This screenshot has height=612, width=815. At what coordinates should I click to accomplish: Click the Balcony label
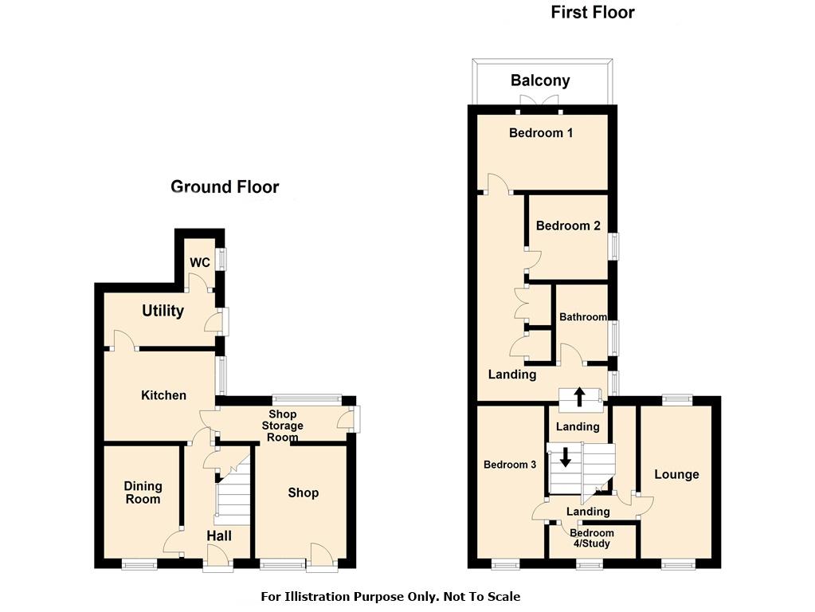click(x=540, y=80)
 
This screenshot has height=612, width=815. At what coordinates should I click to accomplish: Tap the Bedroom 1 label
click(x=541, y=133)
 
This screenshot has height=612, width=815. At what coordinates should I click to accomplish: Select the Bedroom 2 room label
click(x=568, y=226)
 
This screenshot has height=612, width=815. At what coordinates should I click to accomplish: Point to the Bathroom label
click(x=582, y=316)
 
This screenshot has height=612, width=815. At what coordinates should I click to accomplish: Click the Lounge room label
click(x=676, y=474)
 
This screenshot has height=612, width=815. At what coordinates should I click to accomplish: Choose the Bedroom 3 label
click(x=509, y=465)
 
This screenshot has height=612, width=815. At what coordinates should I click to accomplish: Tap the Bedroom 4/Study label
click(x=591, y=538)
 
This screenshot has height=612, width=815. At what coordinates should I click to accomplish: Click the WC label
click(x=200, y=262)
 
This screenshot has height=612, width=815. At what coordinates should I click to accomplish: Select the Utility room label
click(x=163, y=311)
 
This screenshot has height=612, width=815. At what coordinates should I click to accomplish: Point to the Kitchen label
click(x=163, y=395)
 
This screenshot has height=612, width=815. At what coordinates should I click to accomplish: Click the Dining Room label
click(x=143, y=492)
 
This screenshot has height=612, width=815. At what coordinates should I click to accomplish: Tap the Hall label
click(x=219, y=535)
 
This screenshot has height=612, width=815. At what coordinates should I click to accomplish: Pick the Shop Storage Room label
click(x=282, y=426)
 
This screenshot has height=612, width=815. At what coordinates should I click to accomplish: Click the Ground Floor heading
click(x=225, y=186)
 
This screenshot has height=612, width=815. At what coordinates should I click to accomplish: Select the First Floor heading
click(x=593, y=13)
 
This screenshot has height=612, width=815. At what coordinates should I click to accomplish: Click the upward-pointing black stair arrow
click(x=579, y=398)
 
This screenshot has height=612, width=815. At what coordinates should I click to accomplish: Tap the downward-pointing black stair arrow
click(x=565, y=457)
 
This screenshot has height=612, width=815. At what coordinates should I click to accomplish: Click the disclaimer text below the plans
click(x=390, y=596)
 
